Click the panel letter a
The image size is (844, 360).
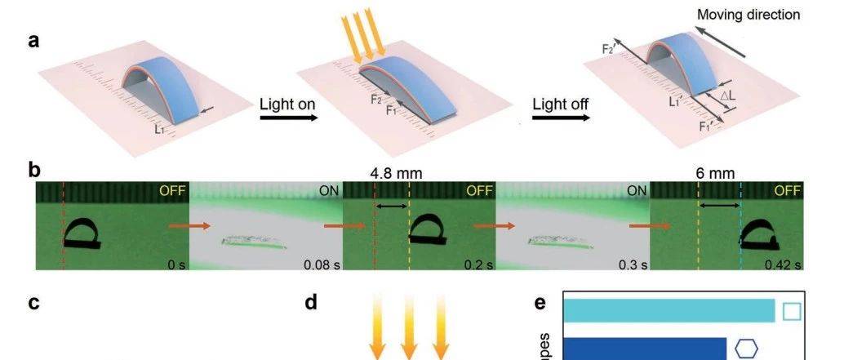(x=33, y=41)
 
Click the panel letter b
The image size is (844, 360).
(x=34, y=171)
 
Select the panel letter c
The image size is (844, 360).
(x=33, y=304)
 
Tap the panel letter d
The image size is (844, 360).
(x=311, y=304)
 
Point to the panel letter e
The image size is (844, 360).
(x=540, y=304)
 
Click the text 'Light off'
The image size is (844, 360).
(x=561, y=104)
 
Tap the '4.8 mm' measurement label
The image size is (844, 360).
(x=391, y=173)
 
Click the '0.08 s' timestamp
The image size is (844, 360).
(x=320, y=264)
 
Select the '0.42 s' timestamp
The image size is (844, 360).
(x=784, y=264)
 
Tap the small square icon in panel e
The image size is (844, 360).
(x=791, y=312)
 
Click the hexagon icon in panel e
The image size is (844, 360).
(x=745, y=349)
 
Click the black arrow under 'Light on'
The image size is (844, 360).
(x=288, y=118)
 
